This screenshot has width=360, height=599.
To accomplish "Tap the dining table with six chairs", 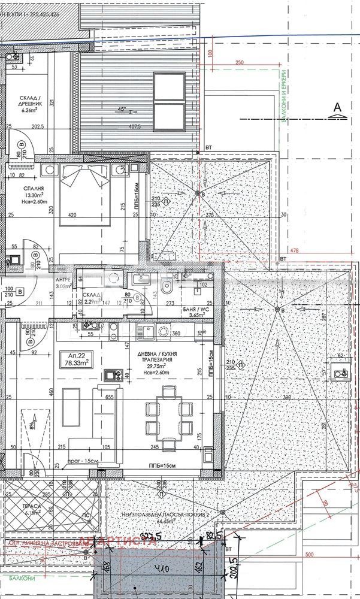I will [170, 414].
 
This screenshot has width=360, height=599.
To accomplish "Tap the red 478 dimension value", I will [294, 250].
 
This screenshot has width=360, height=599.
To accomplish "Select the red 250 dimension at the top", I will [240, 63].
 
